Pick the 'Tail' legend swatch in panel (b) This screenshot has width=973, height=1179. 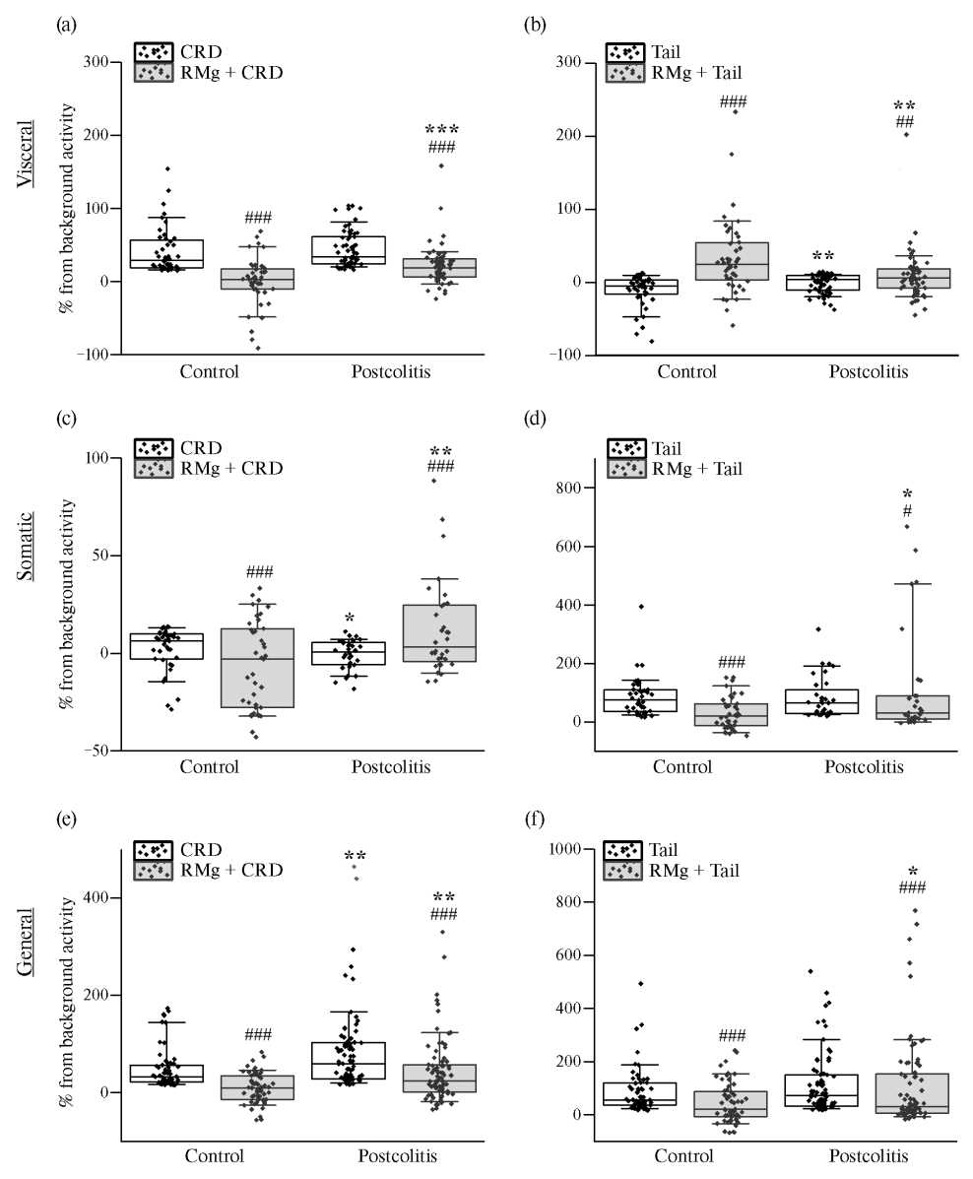click(624, 50)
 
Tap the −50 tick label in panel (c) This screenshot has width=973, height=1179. click(96, 751)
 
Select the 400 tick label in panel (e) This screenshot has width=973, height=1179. click(97, 898)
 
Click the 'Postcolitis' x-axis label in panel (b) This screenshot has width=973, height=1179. click(867, 372)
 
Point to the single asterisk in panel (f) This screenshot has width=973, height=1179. click(913, 873)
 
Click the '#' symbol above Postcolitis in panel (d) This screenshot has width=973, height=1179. click(906, 511)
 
